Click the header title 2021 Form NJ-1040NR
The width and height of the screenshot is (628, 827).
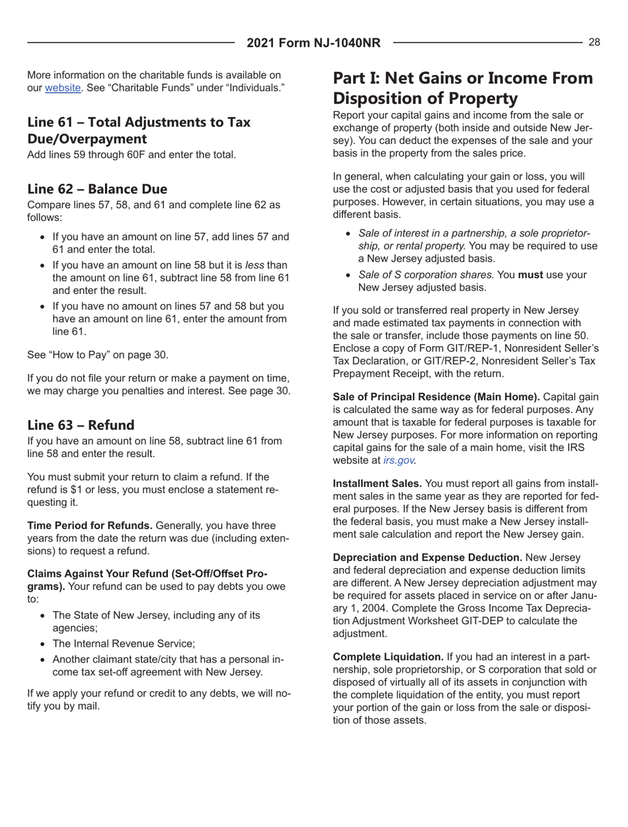313,43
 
